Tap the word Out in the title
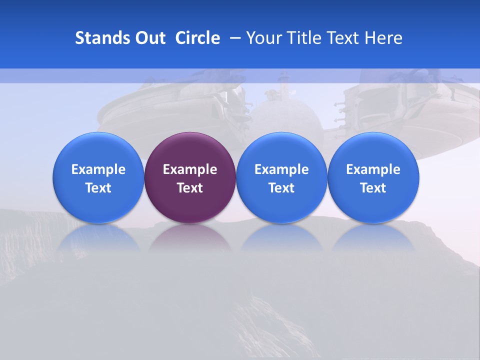149,38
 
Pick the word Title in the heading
304,38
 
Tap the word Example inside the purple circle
190,169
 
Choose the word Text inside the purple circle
190,188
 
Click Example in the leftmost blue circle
98,169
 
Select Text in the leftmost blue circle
98,188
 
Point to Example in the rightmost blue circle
373,169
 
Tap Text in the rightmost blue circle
373,188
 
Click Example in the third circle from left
281,169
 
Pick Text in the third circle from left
281,188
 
